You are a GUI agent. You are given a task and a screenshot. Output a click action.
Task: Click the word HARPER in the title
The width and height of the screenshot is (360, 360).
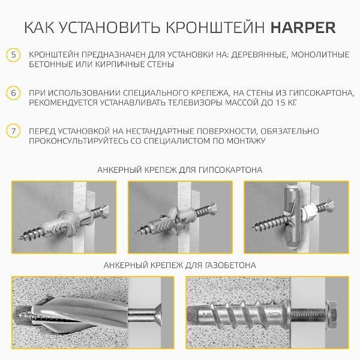304,28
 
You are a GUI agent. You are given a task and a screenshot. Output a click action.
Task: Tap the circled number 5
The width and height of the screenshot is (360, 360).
13,55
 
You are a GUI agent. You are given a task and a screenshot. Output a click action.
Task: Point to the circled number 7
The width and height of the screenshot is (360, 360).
13,131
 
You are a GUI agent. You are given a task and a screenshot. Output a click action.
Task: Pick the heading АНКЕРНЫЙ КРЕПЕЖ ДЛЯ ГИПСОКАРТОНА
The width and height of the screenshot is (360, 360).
179,170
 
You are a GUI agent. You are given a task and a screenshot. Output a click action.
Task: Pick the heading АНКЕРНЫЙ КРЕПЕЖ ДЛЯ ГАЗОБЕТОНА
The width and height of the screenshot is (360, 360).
179,265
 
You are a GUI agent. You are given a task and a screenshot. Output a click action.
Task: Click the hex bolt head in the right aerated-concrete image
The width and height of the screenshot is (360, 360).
331,314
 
